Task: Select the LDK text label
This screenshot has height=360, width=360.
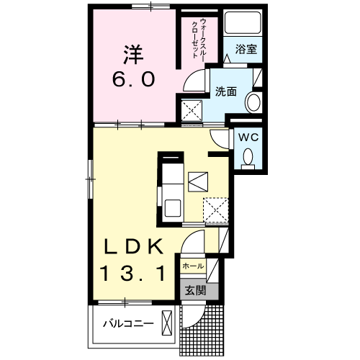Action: [x=132, y=247]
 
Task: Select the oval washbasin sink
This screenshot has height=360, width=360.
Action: [x=253, y=103]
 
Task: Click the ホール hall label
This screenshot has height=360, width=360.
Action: [x=192, y=266]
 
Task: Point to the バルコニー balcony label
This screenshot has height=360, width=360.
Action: [x=127, y=324]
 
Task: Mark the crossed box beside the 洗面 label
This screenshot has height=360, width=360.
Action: [x=192, y=110]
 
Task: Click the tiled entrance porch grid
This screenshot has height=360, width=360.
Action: [x=205, y=328]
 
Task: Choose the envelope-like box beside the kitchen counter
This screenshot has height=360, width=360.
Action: [x=197, y=182]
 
